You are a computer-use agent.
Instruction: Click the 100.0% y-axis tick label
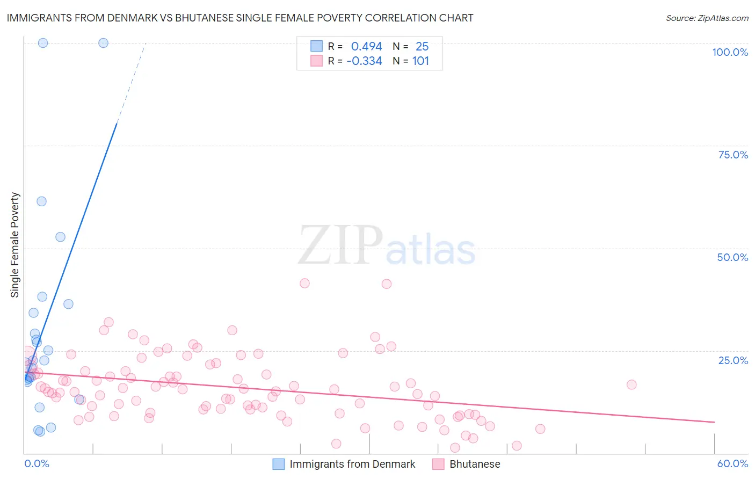730,52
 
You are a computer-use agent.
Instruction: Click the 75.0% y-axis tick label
733,155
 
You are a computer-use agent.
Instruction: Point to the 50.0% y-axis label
732,257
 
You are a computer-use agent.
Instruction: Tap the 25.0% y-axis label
733,360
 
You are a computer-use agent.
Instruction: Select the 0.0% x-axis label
37,463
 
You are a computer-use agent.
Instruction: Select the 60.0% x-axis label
732,463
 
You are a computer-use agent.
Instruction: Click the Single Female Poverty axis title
15,245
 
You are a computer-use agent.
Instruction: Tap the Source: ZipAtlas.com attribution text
707,18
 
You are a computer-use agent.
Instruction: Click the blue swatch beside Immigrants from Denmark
278,464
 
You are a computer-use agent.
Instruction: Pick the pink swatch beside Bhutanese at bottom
438,464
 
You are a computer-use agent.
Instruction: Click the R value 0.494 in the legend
366,47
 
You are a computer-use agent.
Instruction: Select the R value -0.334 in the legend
364,61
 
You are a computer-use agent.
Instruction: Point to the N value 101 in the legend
420,61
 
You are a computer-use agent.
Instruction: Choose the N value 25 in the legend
422,47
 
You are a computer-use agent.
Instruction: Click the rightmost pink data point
631,384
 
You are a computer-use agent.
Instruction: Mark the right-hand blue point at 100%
103,43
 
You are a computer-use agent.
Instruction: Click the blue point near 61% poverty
41,201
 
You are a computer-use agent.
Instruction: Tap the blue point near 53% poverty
60,237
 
